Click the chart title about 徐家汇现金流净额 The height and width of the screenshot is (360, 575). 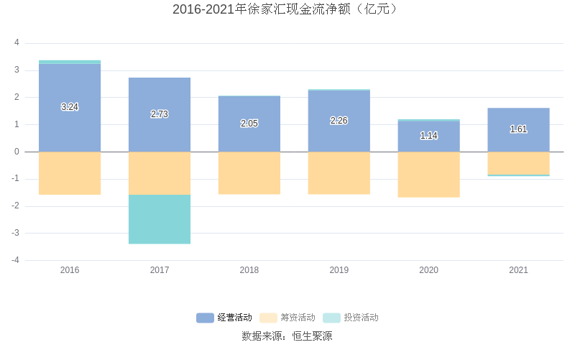[287, 9]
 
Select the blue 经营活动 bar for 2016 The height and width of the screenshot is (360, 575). [70, 129]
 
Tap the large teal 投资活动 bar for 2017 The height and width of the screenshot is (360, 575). [160, 219]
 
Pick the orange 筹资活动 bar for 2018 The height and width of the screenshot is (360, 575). [249, 172]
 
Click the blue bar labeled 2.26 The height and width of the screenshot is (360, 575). [339, 137]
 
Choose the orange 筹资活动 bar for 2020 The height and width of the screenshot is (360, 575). [428, 174]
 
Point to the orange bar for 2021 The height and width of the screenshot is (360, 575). [518, 162]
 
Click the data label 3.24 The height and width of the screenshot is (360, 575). [70, 107]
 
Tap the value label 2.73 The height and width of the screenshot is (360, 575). [160, 114]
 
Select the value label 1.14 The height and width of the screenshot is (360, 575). [428, 135]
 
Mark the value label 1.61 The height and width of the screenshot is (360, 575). [518, 129]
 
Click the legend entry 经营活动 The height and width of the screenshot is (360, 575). [224, 318]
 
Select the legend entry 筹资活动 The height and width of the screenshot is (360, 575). [287, 318]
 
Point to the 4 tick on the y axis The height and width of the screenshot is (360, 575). [17, 43]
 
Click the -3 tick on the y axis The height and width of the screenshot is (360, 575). [15, 233]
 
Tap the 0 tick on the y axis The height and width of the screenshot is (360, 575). [17, 152]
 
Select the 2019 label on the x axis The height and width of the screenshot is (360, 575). [339, 270]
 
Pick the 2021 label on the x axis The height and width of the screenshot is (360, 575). [518, 270]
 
